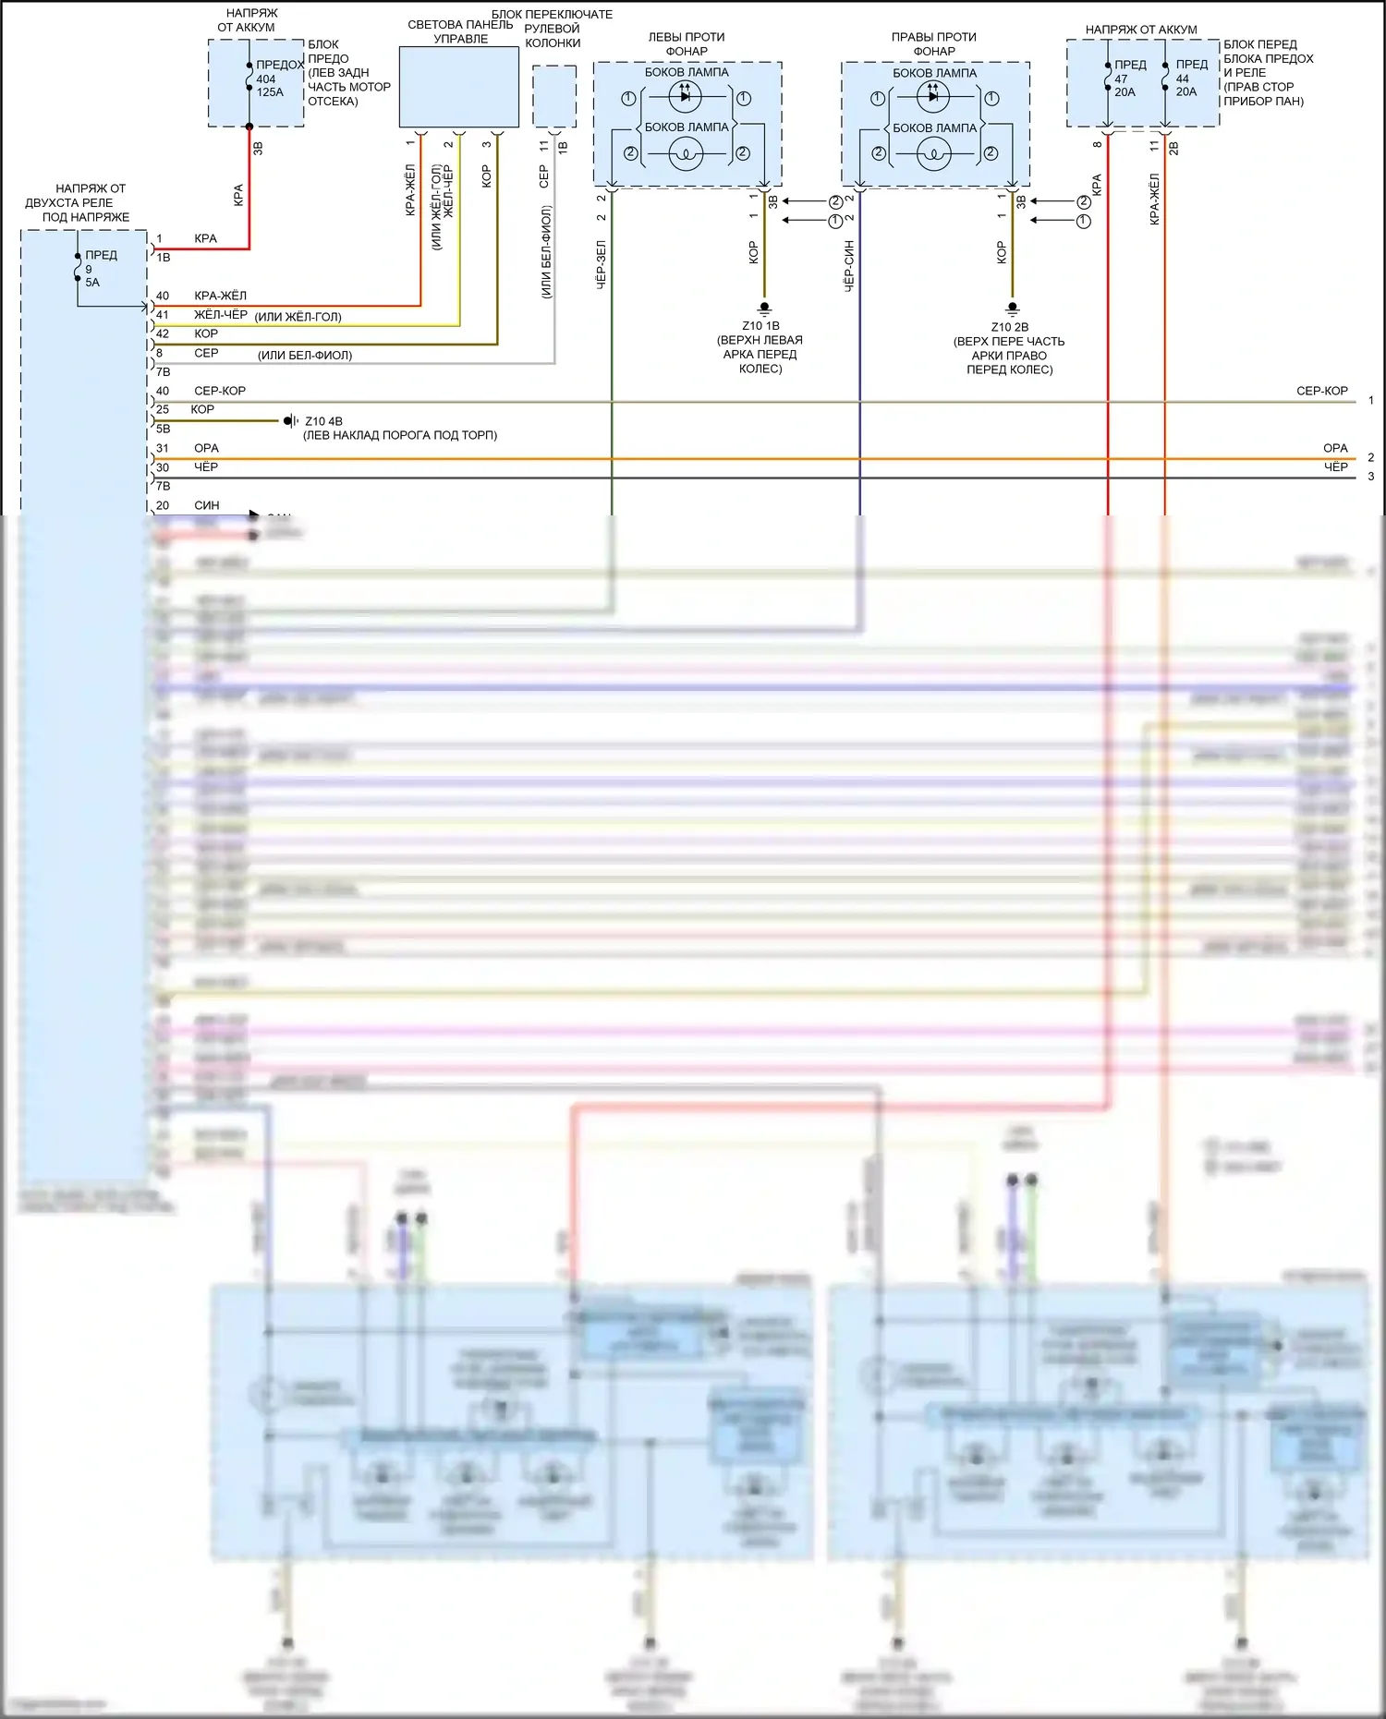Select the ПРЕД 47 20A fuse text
[1127, 79]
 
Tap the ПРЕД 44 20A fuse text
[1189, 79]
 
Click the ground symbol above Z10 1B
[764, 309]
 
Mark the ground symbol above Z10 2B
[1013, 309]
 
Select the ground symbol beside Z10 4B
[289, 421]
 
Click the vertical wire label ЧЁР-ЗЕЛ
[601, 265]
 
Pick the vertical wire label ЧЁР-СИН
[849, 266]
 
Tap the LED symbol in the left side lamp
[685, 95]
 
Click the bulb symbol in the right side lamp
[933, 154]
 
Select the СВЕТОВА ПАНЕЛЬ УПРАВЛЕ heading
[460, 31]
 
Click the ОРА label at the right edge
[1335, 448]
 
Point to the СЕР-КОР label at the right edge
[1321, 391]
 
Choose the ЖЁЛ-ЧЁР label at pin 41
[221, 315]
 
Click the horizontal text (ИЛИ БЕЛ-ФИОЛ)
[305, 356]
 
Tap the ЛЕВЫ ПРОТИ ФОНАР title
[687, 43]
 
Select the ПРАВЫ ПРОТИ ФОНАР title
[934, 43]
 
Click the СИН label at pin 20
[207, 505]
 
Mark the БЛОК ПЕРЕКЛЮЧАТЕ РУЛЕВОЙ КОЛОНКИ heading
[553, 29]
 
